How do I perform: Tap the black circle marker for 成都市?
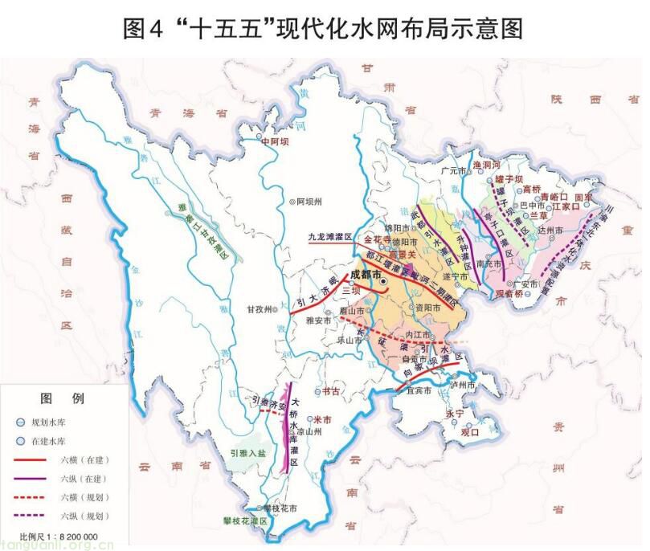tap(383, 283)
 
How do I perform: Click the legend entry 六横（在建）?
tap(84, 459)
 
